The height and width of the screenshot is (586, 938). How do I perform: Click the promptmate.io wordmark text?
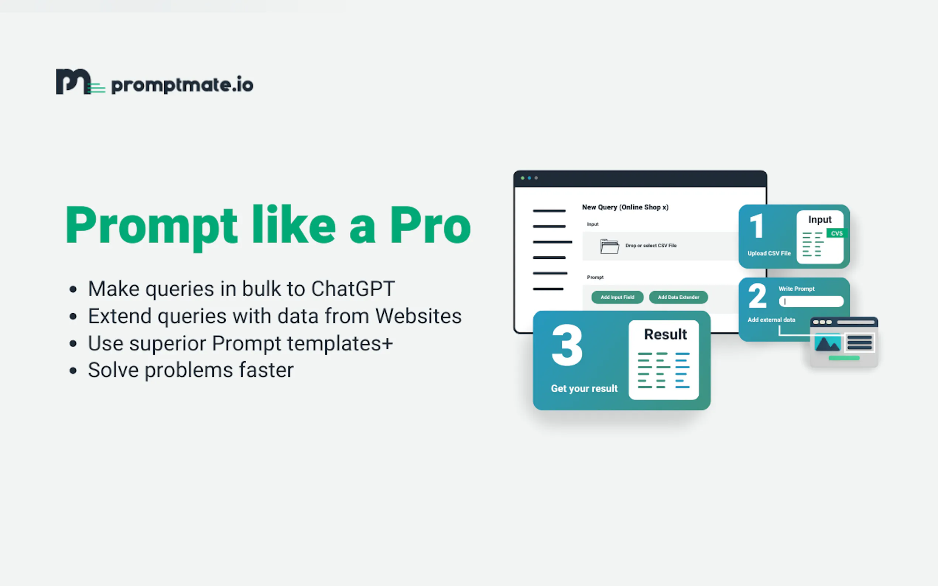pyautogui.click(x=182, y=85)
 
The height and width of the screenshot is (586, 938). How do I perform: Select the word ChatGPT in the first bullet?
pyautogui.click(x=353, y=289)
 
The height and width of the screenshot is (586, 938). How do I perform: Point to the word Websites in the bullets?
pyautogui.click(x=418, y=316)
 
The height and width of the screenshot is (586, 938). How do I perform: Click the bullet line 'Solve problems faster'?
pyautogui.click(x=191, y=370)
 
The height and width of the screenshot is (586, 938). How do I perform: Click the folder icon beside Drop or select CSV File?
pyautogui.click(x=609, y=246)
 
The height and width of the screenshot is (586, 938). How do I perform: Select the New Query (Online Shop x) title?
pyautogui.click(x=625, y=207)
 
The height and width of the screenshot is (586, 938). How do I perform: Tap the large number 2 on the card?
pyautogui.click(x=757, y=296)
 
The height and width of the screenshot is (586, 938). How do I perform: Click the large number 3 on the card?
pyautogui.click(x=567, y=345)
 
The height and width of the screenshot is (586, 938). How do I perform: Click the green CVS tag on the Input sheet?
pyautogui.click(x=836, y=233)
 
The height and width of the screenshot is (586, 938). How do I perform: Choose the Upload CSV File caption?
pyautogui.click(x=769, y=254)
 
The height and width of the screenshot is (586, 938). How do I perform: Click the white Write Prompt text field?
pyautogui.click(x=811, y=301)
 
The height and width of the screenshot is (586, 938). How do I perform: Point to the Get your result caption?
pyautogui.click(x=584, y=388)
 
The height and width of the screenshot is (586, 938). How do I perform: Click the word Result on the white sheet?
pyautogui.click(x=665, y=334)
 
